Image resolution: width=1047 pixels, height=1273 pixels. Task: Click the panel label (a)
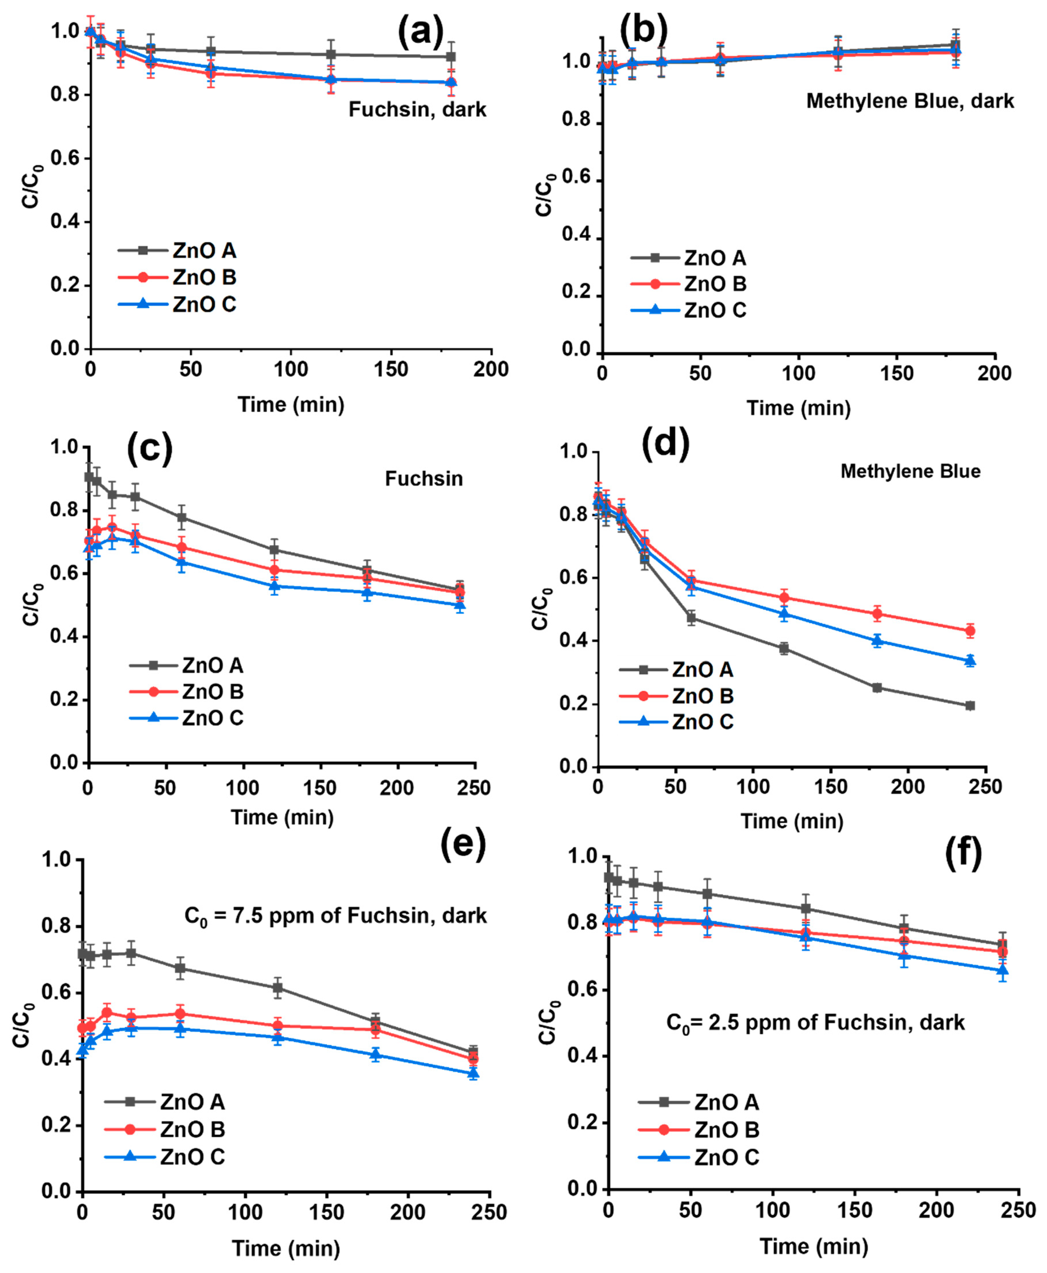click(x=420, y=31)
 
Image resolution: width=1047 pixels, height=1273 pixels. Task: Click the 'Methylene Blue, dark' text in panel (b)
click(x=910, y=101)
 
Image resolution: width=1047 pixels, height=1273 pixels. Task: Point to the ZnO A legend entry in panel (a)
click(x=177, y=250)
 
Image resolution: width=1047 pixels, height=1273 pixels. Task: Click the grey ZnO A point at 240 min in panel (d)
click(x=970, y=705)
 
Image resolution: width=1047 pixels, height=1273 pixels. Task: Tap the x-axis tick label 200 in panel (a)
click(x=491, y=369)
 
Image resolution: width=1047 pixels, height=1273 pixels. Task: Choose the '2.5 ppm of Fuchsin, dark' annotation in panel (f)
click(x=815, y=1022)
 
